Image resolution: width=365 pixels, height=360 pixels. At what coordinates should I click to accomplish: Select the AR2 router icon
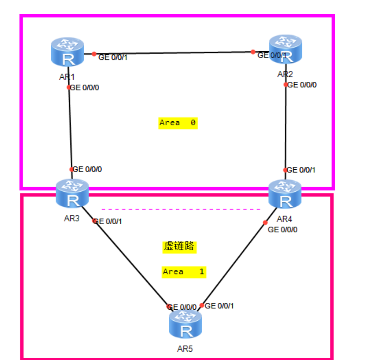coord(286,49)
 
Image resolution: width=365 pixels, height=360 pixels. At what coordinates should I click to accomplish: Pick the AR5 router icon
coord(185,325)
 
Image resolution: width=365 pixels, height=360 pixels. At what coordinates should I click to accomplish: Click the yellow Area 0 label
coord(178,123)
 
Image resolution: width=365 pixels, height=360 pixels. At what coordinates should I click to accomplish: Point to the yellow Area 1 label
coord(184,272)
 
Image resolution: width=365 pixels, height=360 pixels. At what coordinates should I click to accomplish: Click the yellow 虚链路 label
coord(179,247)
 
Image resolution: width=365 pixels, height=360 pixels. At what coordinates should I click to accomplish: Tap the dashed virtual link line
coord(181,209)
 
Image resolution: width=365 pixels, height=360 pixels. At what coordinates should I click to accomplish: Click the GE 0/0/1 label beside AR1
coord(113,58)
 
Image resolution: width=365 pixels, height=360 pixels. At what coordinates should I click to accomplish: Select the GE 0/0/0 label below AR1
coord(85,87)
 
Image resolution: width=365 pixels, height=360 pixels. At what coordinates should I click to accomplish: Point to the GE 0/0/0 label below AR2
coord(302,85)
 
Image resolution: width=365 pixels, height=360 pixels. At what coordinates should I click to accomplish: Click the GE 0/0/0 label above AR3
coord(87,169)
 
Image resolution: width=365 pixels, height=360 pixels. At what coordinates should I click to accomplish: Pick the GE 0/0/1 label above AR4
coord(301,170)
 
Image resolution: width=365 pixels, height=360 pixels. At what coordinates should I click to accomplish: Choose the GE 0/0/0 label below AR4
coord(283,230)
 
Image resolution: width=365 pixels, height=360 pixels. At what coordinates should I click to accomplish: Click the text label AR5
coord(185,349)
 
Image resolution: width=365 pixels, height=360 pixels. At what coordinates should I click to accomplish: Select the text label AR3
coord(72,218)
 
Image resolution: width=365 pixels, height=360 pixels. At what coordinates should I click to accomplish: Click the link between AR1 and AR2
coord(174,53)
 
